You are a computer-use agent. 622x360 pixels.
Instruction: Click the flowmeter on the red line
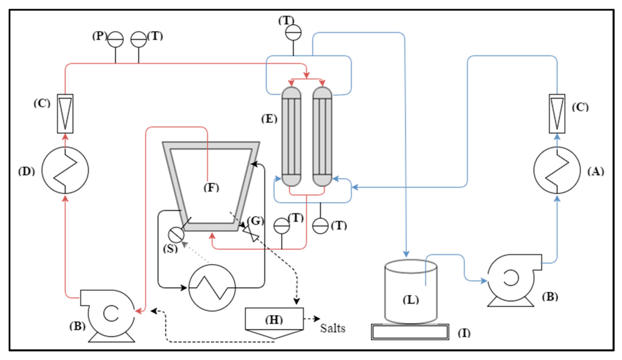tap(65, 113)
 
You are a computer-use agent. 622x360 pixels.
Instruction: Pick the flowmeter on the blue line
tap(557, 113)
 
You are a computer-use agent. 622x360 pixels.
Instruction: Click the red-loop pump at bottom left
tap(109, 313)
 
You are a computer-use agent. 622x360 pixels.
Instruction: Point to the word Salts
tap(333, 328)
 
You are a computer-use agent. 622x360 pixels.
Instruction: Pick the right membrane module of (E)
tap(321, 137)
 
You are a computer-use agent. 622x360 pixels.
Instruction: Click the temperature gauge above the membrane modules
tap(293, 30)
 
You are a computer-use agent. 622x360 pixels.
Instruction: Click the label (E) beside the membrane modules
tap(268, 119)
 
